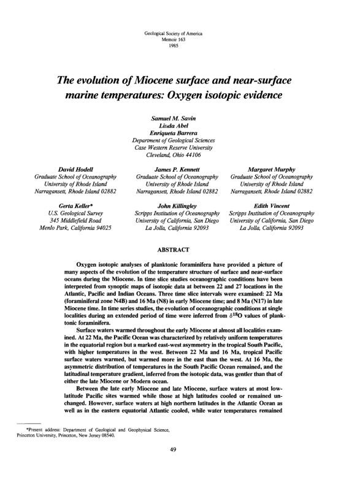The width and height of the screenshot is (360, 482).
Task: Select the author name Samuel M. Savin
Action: pyautogui.click(x=180, y=117)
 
